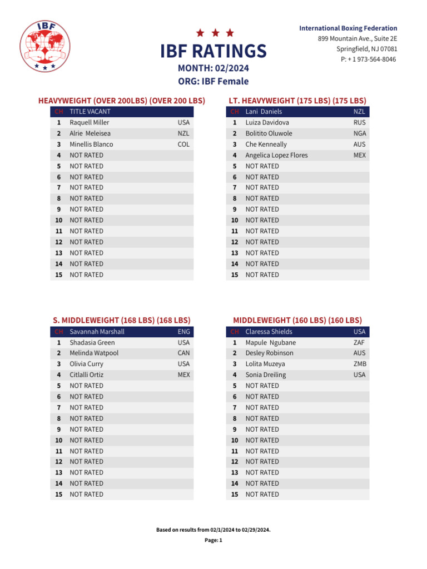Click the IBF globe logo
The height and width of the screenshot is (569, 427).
(46, 46)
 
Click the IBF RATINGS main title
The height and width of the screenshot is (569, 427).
(213, 51)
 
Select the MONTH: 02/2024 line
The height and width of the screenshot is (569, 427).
(213, 68)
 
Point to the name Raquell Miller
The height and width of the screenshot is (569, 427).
(90, 122)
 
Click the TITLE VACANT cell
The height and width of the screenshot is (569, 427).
(90, 112)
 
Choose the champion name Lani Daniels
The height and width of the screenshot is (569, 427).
(264, 112)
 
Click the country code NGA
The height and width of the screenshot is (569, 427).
(360, 133)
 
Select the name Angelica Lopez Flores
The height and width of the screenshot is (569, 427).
(276, 155)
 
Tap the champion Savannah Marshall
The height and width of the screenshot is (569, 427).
(97, 332)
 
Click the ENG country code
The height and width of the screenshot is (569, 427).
(183, 332)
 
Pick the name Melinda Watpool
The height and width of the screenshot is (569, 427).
(94, 353)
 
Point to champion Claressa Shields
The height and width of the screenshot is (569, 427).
(269, 332)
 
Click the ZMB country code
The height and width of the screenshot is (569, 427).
(360, 364)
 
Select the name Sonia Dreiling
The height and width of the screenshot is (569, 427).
(266, 375)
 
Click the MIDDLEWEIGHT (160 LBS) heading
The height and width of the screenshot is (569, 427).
(297, 320)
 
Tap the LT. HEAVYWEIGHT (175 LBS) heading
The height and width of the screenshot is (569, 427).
(297, 101)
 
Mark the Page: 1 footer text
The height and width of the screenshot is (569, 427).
(213, 540)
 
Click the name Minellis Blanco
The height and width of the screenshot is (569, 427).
(91, 144)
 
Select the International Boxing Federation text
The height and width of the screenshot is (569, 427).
(348, 28)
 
